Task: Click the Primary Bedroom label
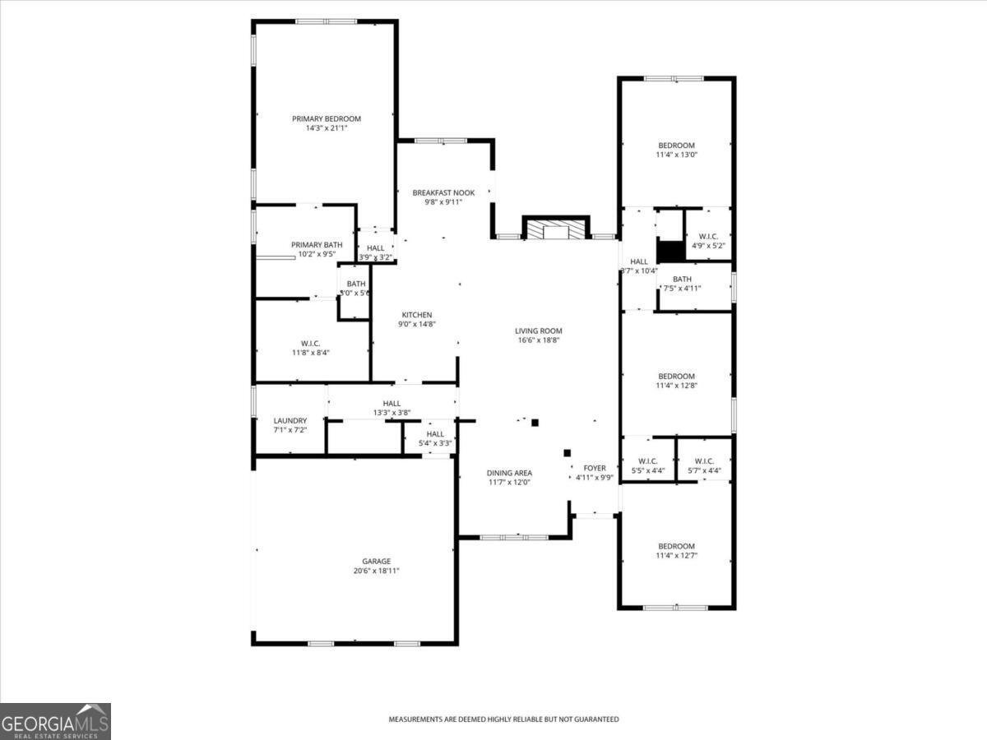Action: point(326,118)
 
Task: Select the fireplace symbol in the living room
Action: point(556,229)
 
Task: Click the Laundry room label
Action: point(290,420)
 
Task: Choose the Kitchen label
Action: point(416,315)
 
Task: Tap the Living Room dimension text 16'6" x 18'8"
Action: point(540,340)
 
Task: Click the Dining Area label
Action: point(509,473)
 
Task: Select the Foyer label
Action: point(594,468)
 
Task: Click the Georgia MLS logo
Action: point(55,721)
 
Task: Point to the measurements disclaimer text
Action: point(503,719)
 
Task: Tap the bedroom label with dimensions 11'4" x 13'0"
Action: point(675,146)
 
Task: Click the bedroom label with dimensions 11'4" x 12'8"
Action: point(675,377)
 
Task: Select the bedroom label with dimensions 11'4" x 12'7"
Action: point(675,546)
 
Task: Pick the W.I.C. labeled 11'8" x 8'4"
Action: point(310,343)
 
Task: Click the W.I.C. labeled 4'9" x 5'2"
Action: point(707,236)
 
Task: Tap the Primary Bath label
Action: point(317,245)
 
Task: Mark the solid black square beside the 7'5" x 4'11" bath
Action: point(670,252)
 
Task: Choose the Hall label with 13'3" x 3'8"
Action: point(392,403)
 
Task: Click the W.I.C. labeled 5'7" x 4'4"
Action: point(704,461)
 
